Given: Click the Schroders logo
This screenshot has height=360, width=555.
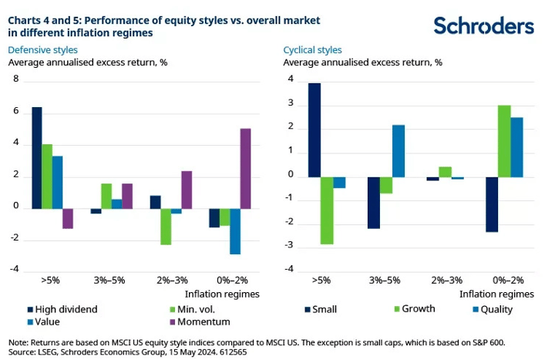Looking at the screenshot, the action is click(483, 26).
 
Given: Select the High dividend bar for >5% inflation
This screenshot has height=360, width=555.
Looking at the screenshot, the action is click(37, 158).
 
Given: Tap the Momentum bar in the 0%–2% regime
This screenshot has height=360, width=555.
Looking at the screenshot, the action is click(245, 169).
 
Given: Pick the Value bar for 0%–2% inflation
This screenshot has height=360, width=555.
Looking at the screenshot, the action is click(235, 231).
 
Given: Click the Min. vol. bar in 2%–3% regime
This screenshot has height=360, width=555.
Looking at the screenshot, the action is click(166, 227).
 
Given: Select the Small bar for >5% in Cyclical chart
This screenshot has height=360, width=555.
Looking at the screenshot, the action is click(314, 130).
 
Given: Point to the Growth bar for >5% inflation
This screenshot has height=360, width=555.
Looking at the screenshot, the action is click(327, 210).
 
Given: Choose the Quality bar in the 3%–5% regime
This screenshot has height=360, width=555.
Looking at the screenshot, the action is click(399, 151).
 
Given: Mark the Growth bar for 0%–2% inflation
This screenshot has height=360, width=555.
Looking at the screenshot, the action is click(504, 141).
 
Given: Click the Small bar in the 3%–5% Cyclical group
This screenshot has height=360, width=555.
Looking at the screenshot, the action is click(373, 203).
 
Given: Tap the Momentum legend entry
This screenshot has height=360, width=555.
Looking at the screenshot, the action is click(200, 321).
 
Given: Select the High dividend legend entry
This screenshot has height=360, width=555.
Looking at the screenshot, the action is click(62, 309).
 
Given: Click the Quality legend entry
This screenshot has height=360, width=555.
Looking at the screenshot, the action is click(493, 309).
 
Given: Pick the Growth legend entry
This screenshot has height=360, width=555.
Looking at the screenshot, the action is click(415, 308).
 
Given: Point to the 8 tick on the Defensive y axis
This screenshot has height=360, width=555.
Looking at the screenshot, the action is click(16, 79).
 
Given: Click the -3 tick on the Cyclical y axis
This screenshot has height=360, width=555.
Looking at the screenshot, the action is click(289, 245).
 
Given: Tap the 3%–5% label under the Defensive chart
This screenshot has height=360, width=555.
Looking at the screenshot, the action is click(109, 281).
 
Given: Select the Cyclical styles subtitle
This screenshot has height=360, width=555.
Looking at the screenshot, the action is click(312, 50).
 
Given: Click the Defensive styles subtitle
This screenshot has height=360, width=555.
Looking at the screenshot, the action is click(42, 50).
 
